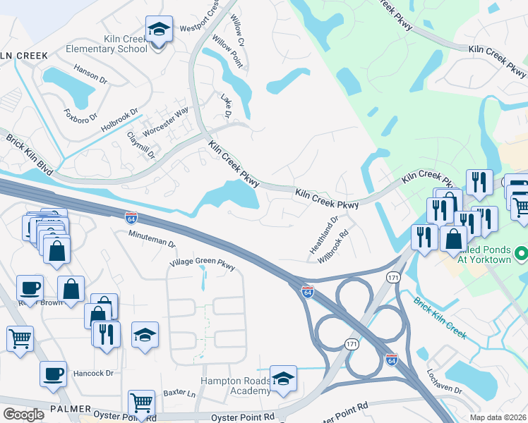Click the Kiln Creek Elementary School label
point(106,44)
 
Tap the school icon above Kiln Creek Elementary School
point(157,30)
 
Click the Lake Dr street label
point(227,105)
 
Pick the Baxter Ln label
point(179,392)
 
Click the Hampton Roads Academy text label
point(236,386)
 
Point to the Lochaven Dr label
point(444,380)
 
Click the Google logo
point(23,414)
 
